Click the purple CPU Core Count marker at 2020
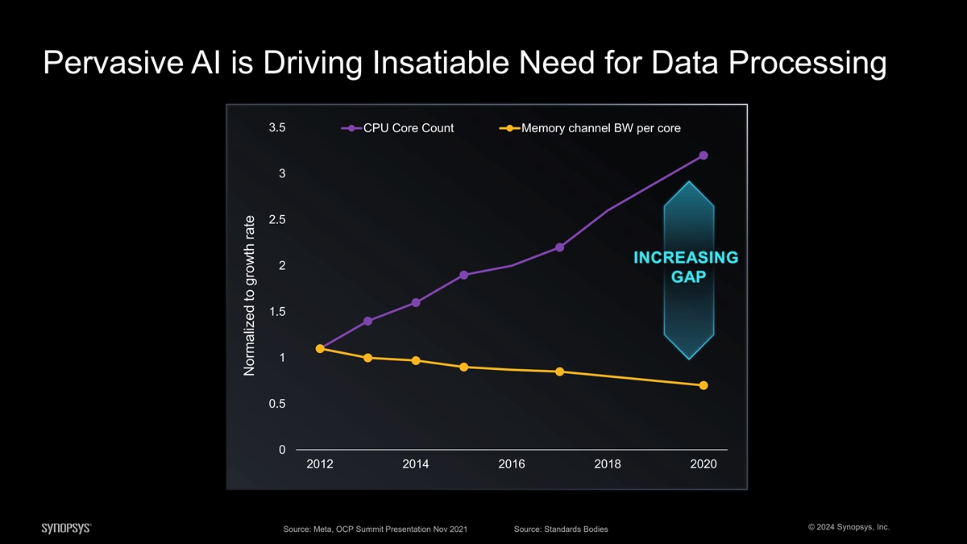[x=703, y=156]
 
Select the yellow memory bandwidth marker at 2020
[x=703, y=385]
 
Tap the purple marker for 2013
[x=367, y=321]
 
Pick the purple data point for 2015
[x=464, y=275]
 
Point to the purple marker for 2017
[x=559, y=247]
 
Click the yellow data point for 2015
[x=464, y=367]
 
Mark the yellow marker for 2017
[x=559, y=372]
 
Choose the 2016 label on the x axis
[x=512, y=464]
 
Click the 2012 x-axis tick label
[x=320, y=464]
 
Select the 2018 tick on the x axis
[x=608, y=464]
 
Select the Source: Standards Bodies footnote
[x=560, y=529]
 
